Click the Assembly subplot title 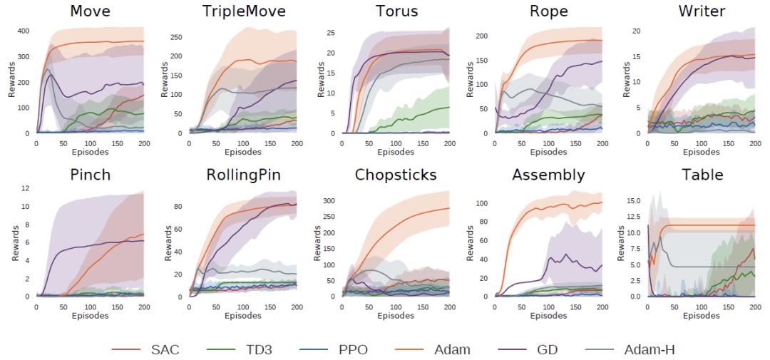[548, 175]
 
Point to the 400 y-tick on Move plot [24, 31]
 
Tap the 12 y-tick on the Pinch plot [25, 188]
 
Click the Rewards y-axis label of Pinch [14, 245]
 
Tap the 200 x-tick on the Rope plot [602, 143]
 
